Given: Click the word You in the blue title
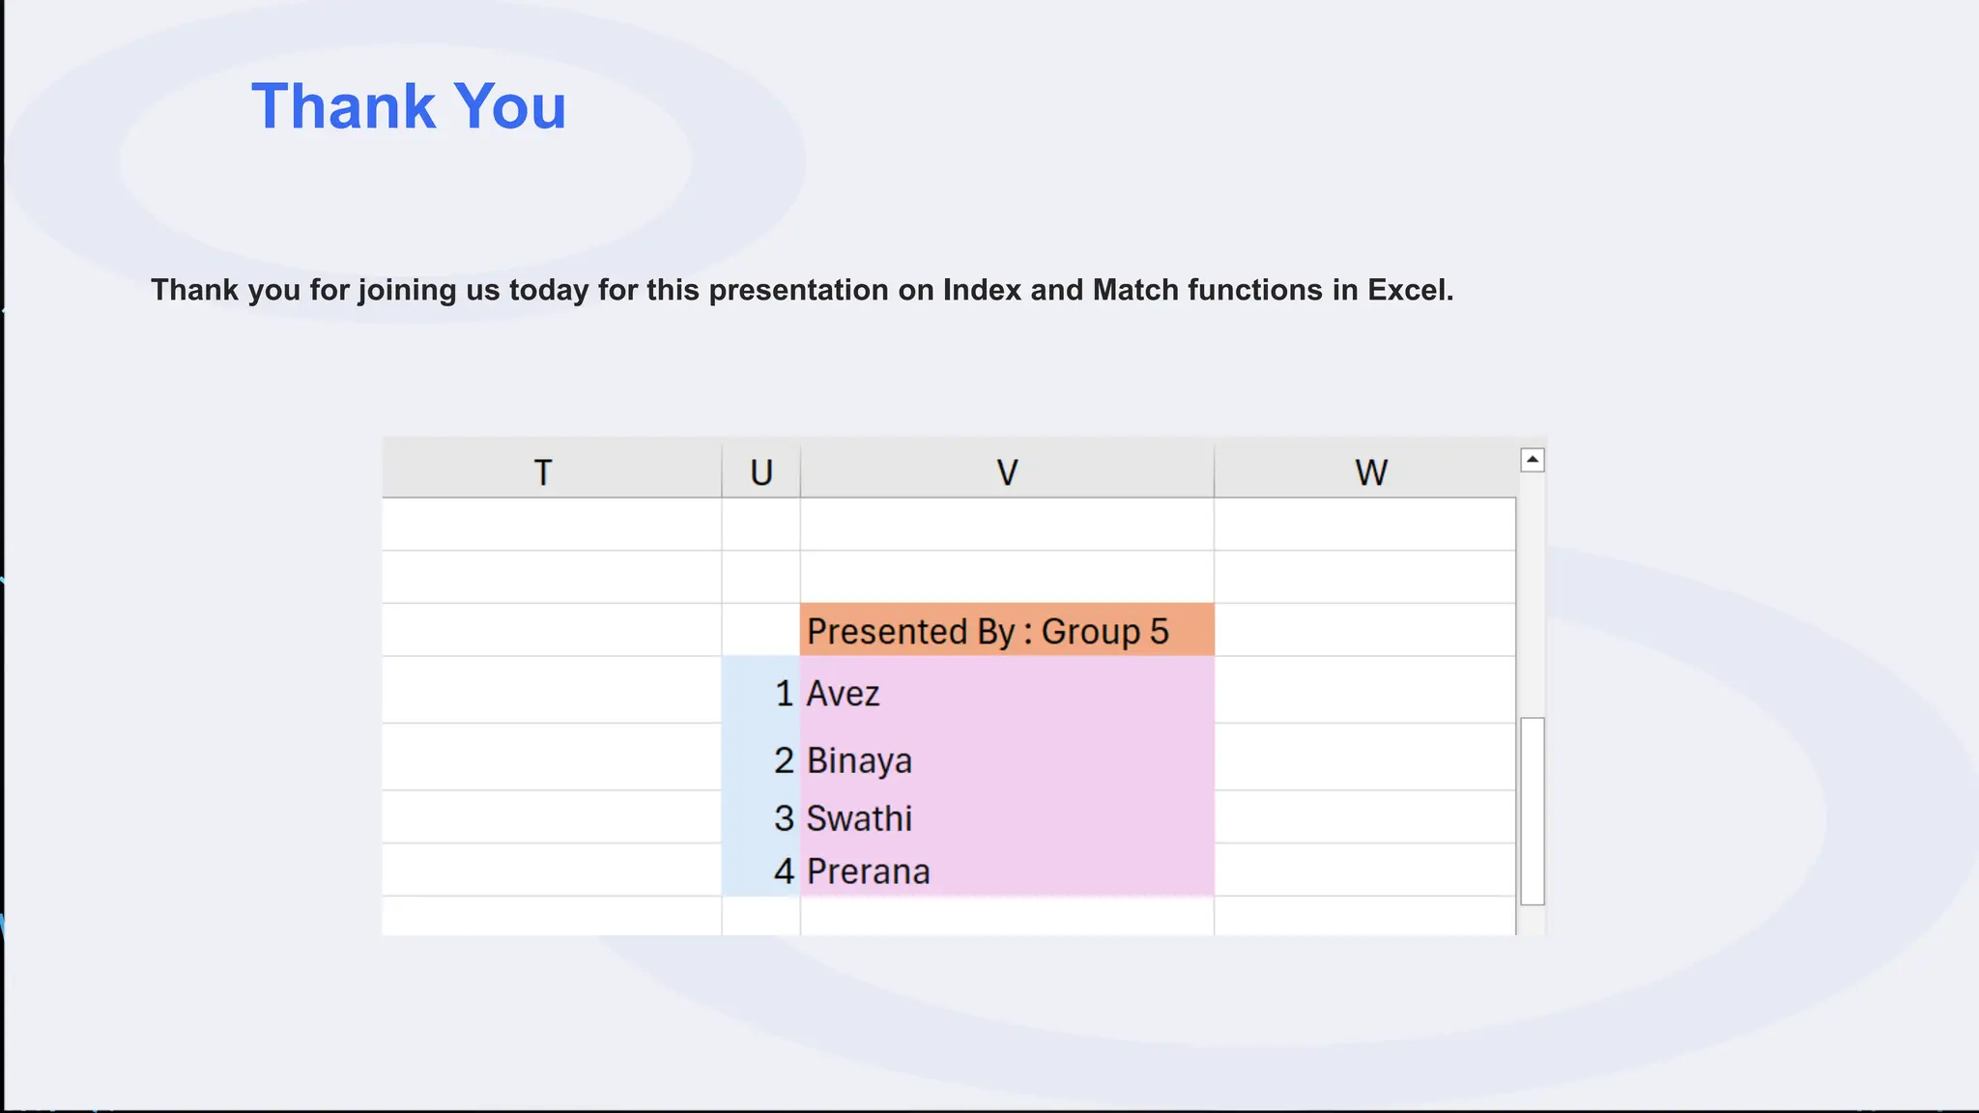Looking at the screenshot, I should tap(509, 106).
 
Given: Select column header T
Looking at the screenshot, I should tap(543, 472).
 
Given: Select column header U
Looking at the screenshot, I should tap(761, 472).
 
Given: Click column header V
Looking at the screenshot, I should tap(1007, 472).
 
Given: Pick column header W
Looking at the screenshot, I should tap(1370, 472).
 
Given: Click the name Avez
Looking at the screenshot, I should tap(843, 694).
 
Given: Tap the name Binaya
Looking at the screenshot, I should tap(859, 760).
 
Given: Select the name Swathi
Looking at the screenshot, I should tap(859, 818).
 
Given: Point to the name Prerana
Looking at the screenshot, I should tap(868, 871).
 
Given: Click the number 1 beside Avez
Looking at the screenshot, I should tap(784, 694).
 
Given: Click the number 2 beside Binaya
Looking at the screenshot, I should tap(784, 760).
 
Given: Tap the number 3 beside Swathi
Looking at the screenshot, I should tap(784, 818).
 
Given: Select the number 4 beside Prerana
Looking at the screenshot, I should tap(784, 871).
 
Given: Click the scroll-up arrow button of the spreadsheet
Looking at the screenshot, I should tap(1532, 460).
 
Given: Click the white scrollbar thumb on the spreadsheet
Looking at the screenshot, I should tap(1532, 812).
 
